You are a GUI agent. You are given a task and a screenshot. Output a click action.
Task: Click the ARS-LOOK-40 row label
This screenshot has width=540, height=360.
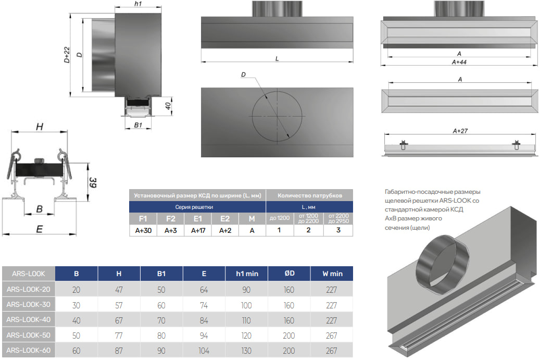click(28, 320)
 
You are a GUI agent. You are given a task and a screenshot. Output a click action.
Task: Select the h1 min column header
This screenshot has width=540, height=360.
click(247, 274)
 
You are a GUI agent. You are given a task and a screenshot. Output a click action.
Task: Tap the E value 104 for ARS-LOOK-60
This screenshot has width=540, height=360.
click(204, 351)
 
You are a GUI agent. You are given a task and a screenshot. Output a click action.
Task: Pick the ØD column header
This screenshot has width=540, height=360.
click(290, 274)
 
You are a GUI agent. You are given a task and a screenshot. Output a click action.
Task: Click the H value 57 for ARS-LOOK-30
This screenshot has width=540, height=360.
click(119, 306)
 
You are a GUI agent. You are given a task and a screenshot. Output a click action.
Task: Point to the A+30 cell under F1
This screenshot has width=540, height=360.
click(143, 230)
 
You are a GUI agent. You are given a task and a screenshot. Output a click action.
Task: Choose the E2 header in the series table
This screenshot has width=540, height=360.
click(225, 219)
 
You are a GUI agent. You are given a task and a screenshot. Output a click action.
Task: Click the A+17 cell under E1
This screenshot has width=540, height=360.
click(198, 230)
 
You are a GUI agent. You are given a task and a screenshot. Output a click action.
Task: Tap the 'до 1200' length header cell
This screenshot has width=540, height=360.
click(280, 218)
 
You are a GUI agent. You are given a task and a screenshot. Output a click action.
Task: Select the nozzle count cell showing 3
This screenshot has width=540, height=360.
click(338, 230)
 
